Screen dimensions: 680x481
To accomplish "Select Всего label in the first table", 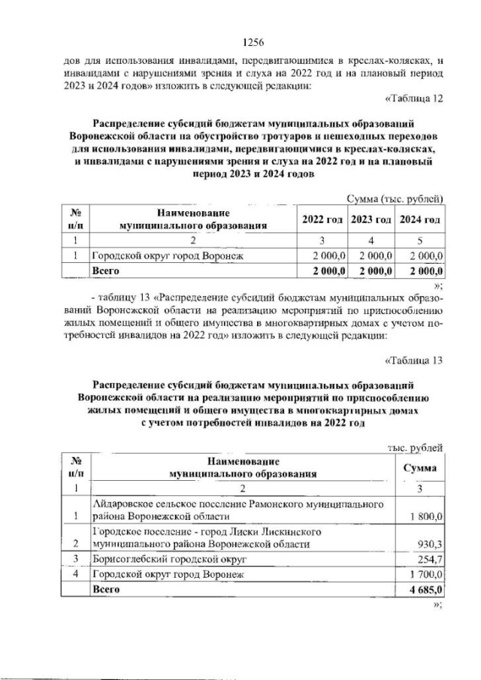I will tap(104, 270).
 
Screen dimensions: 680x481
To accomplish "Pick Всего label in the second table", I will tap(104, 591).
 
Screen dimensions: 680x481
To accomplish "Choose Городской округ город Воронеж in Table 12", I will tap(166, 255).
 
